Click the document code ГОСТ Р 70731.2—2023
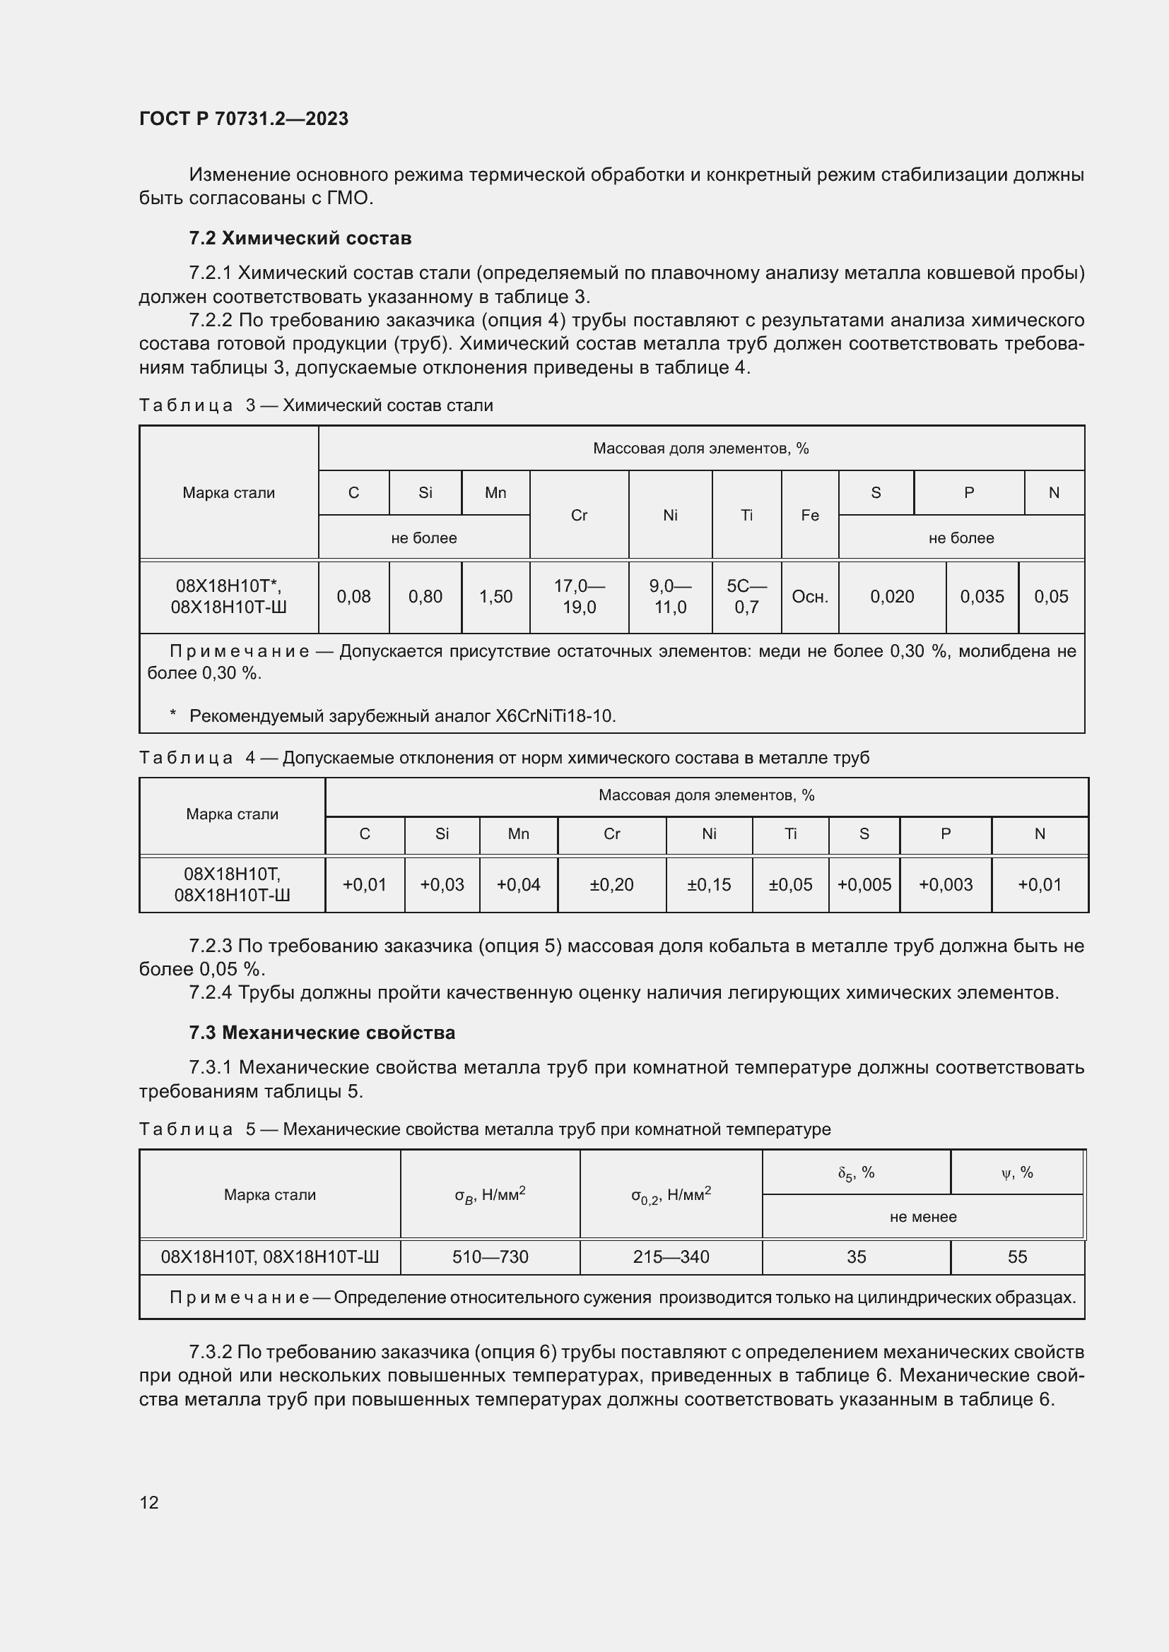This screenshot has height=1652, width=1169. [243, 119]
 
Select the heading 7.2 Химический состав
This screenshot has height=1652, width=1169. [300, 238]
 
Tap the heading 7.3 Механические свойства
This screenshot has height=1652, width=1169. [322, 1033]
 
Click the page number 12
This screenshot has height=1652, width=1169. [149, 1502]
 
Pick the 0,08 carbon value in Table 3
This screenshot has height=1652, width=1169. [353, 597]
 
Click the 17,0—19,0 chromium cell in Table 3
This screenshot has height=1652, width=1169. [579, 597]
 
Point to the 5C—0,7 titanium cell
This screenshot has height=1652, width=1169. [746, 597]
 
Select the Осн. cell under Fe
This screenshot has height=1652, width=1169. [810, 597]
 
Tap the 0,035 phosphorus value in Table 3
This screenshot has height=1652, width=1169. [982, 597]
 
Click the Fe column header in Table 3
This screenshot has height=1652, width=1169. [810, 515]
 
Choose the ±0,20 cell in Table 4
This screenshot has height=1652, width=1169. [611, 884]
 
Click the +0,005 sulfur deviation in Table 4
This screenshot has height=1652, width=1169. [864, 884]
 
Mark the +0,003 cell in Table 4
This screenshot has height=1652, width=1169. [945, 884]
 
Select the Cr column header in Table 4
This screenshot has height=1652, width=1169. [611, 834]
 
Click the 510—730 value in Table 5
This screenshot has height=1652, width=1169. [490, 1257]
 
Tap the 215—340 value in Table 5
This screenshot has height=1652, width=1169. [671, 1257]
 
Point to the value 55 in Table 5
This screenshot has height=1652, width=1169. [1017, 1257]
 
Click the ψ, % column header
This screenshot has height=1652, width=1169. [1017, 1173]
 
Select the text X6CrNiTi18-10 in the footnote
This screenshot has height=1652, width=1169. [554, 716]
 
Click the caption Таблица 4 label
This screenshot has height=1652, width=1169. [186, 758]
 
